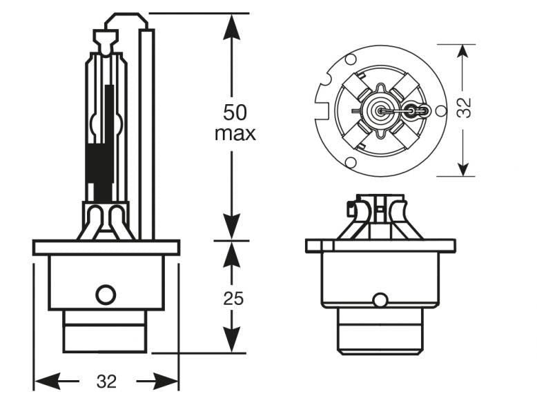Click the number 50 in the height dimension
click(x=235, y=111)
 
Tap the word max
click(x=235, y=133)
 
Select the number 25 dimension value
click(x=233, y=299)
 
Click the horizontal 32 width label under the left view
click(x=106, y=382)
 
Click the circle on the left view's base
click(x=106, y=295)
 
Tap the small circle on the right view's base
click(x=380, y=300)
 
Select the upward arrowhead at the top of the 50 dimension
click(x=231, y=25)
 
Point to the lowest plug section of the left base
click(x=104, y=339)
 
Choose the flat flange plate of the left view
click(x=106, y=247)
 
